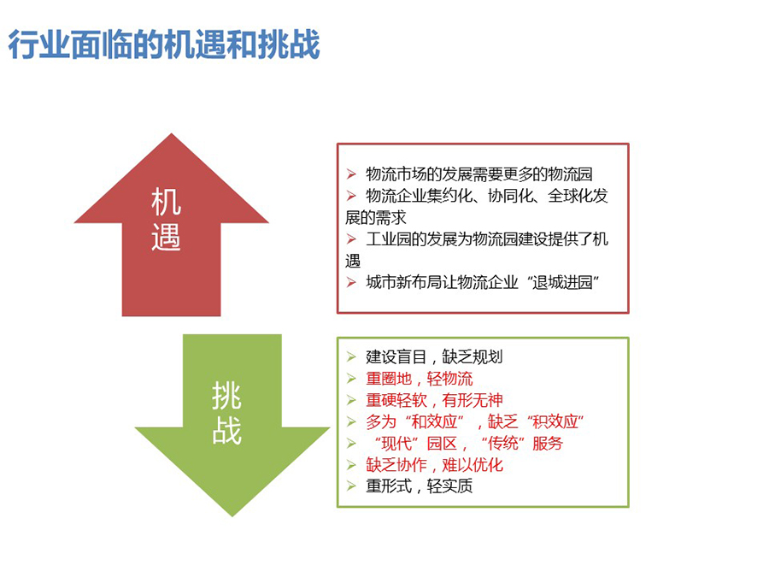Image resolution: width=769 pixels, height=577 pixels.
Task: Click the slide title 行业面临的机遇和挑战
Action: coord(164,44)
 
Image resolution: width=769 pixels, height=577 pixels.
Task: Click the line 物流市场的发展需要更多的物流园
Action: coord(478,174)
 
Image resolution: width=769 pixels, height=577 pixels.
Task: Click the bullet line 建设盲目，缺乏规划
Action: coord(434,356)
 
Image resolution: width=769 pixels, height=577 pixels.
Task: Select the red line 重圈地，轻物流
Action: coord(419,379)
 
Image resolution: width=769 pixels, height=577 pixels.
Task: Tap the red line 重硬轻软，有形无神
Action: coord(434,400)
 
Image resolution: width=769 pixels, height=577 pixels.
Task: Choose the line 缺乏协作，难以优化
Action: coord(434,465)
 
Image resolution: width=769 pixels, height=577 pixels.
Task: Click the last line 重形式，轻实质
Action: coord(419,486)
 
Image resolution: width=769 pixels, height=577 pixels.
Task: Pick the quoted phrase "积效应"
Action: coord(555,421)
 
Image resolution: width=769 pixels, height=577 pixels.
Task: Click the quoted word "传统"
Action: coord(503,443)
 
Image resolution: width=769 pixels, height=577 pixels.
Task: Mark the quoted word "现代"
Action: coord(396,443)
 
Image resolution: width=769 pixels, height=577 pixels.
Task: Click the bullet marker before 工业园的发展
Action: coord(351,239)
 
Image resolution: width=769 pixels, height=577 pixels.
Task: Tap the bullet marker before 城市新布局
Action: coord(351,282)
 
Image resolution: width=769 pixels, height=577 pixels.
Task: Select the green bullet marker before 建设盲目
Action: coord(351,356)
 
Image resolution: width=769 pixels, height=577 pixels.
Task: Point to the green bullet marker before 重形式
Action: coord(351,486)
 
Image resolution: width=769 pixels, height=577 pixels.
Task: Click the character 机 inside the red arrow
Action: coord(167,201)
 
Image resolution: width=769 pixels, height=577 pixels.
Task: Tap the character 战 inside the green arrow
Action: coord(226,430)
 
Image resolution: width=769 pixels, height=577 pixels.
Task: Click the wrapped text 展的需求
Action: coord(376,217)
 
